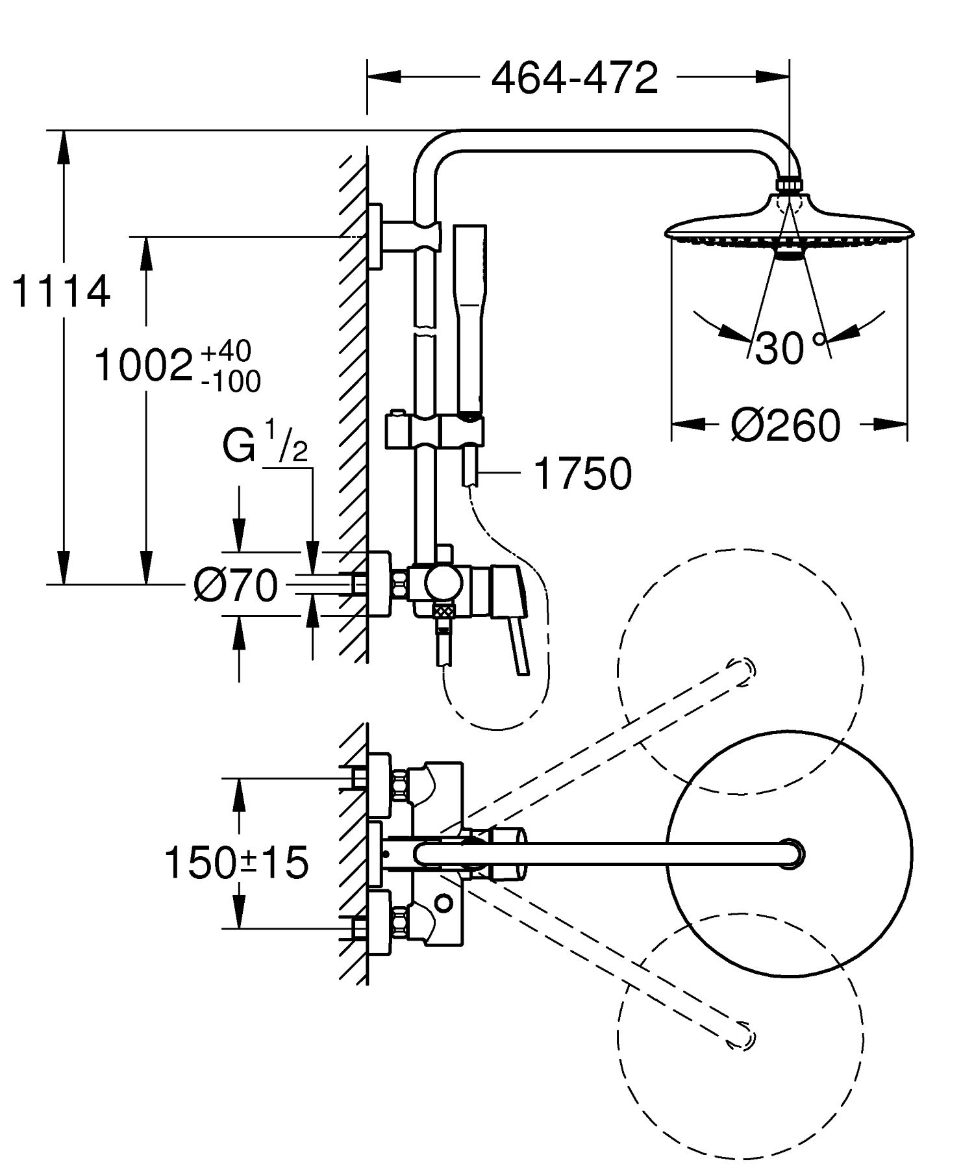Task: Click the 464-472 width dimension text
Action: [575, 78]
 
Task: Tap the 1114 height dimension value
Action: [61, 292]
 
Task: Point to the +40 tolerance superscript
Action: [225, 351]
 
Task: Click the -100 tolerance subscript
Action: [231, 382]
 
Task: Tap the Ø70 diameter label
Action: [236, 585]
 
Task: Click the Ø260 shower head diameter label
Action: [786, 425]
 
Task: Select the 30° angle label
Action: [790, 348]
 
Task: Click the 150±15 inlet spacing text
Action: [236, 863]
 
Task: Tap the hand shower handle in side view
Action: [470, 318]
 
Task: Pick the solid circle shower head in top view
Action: [789, 853]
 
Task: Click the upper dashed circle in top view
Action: [741, 672]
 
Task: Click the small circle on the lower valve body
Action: [445, 902]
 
